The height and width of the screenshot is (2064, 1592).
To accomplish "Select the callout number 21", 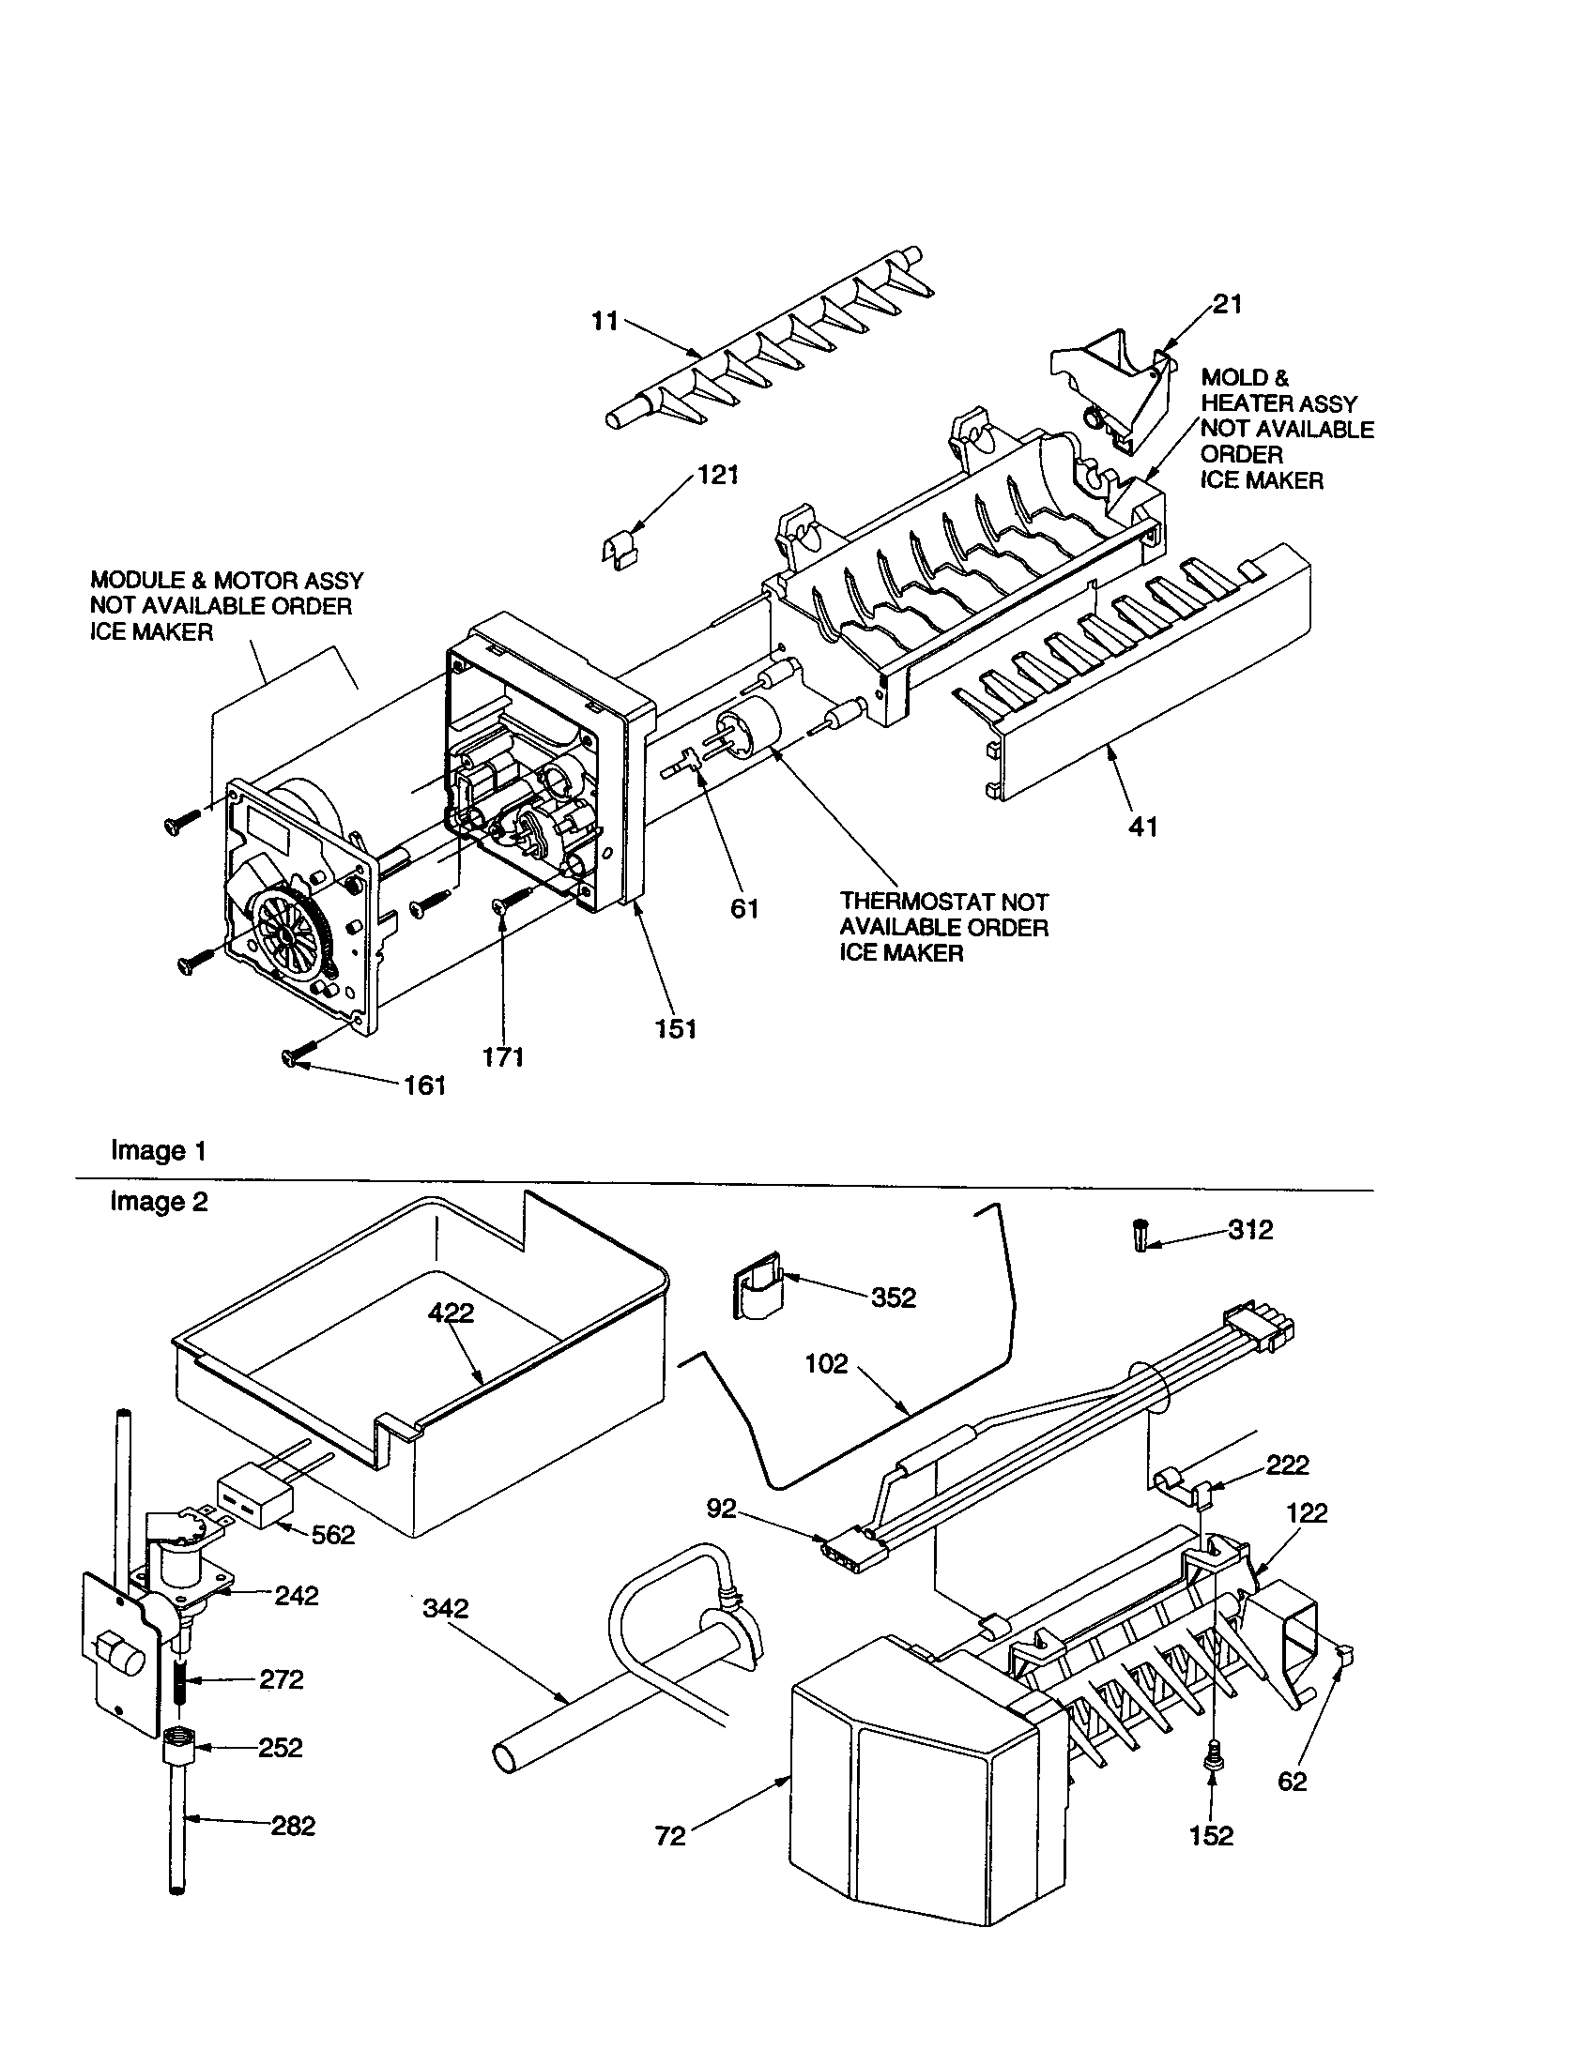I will pyautogui.click(x=1227, y=304).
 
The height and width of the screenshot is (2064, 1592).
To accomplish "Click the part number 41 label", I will pyautogui.click(x=1142, y=827).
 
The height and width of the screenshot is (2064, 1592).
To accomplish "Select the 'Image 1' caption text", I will pyautogui.click(x=158, y=1150).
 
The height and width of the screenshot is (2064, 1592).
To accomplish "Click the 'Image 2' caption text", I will pyautogui.click(x=158, y=1201).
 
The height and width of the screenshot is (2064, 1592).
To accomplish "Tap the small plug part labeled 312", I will pyautogui.click(x=1142, y=1236).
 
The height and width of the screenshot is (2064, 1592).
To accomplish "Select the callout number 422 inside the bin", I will pyautogui.click(x=451, y=1312).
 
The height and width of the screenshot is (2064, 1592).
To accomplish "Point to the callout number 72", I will pyautogui.click(x=669, y=1835).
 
